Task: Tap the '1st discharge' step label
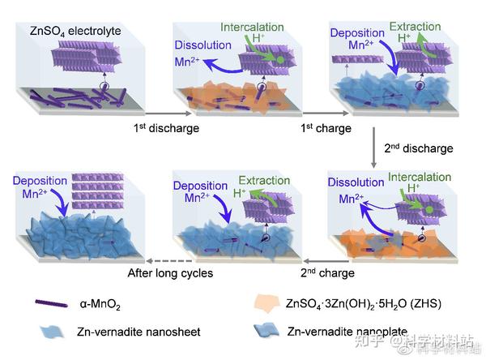pos(166,127)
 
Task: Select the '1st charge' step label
pos(323,127)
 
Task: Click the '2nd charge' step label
pos(327,273)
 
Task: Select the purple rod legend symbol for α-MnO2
pos(57,304)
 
